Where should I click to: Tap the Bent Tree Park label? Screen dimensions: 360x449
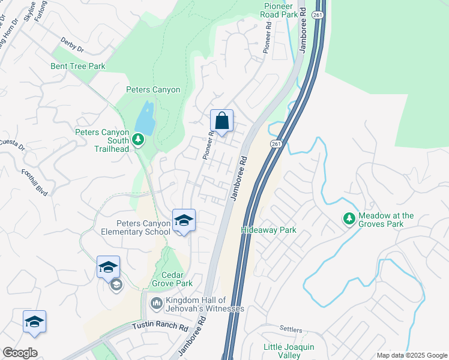click(x=78, y=66)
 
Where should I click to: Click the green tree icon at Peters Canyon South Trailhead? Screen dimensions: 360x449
click(x=139, y=140)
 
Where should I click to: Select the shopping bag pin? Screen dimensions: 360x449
click(x=221, y=121)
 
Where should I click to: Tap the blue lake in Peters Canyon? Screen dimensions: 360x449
click(x=145, y=118)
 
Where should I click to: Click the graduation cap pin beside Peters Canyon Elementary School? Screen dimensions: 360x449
click(x=184, y=220)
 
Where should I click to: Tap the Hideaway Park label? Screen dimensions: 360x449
click(x=269, y=230)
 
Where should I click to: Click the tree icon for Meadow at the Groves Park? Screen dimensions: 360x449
click(x=348, y=220)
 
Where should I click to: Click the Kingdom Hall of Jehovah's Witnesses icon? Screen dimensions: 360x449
click(x=156, y=304)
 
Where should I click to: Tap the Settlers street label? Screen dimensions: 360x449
click(x=292, y=329)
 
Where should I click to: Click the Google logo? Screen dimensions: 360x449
click(x=20, y=353)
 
